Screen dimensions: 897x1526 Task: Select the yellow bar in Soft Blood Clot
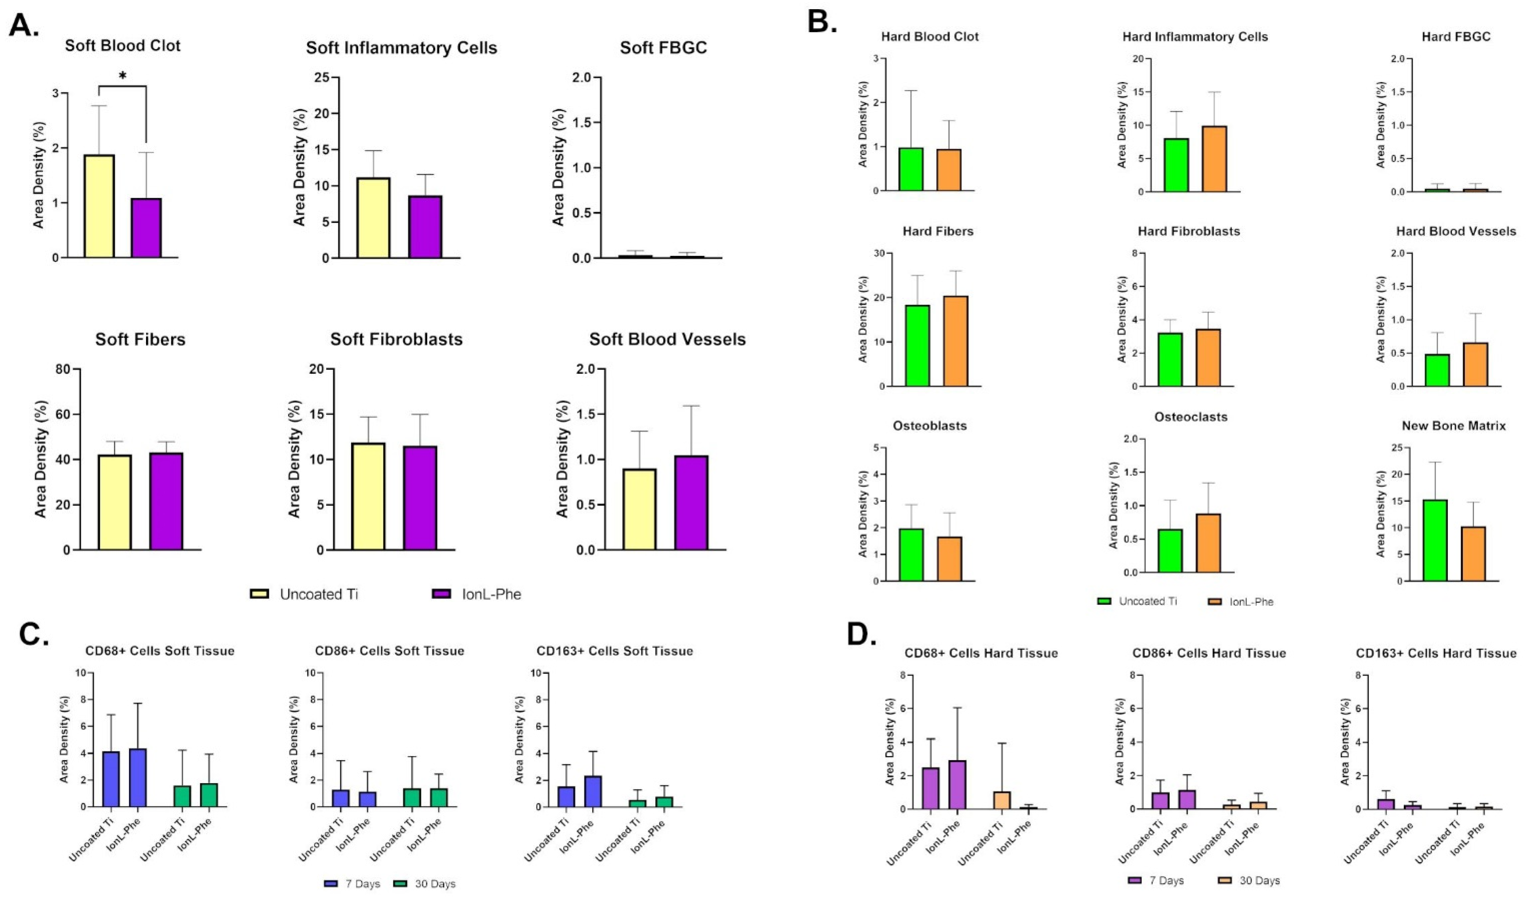pyautogui.click(x=99, y=206)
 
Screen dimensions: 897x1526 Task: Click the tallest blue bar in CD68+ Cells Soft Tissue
pyautogui.click(x=138, y=777)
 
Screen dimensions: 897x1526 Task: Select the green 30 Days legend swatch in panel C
pyautogui.click(x=403, y=883)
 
